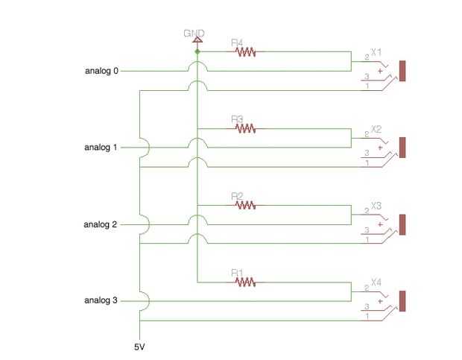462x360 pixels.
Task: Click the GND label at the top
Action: pyautogui.click(x=194, y=34)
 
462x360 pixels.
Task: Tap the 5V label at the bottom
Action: pyautogui.click(x=139, y=347)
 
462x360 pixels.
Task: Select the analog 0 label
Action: pyautogui.click(x=101, y=71)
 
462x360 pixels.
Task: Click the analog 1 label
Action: pyautogui.click(x=101, y=148)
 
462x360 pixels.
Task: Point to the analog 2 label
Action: pyautogui.click(x=101, y=224)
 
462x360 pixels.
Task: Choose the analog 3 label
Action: pyautogui.click(x=101, y=300)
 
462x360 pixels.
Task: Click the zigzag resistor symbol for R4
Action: pyautogui.click(x=245, y=52)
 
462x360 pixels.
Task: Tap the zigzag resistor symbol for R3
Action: pyautogui.click(x=245, y=128)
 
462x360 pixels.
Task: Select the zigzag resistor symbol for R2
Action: pyautogui.click(x=245, y=205)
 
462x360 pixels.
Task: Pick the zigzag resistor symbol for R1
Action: pyautogui.click(x=245, y=282)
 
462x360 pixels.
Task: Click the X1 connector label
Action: pyautogui.click(x=376, y=52)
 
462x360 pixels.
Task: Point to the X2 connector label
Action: pyautogui.click(x=376, y=129)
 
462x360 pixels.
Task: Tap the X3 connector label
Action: pyautogui.click(x=376, y=206)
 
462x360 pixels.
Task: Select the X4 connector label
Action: pyautogui.click(x=376, y=282)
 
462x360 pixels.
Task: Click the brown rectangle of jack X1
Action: pyautogui.click(x=402, y=71)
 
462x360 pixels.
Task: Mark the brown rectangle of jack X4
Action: pyautogui.click(x=402, y=301)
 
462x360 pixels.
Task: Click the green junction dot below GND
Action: pyautogui.click(x=197, y=52)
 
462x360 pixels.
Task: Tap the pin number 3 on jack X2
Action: pyautogui.click(x=367, y=153)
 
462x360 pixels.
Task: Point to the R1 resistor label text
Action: pyautogui.click(x=238, y=273)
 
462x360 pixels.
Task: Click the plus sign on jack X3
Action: pyautogui.click(x=381, y=224)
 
